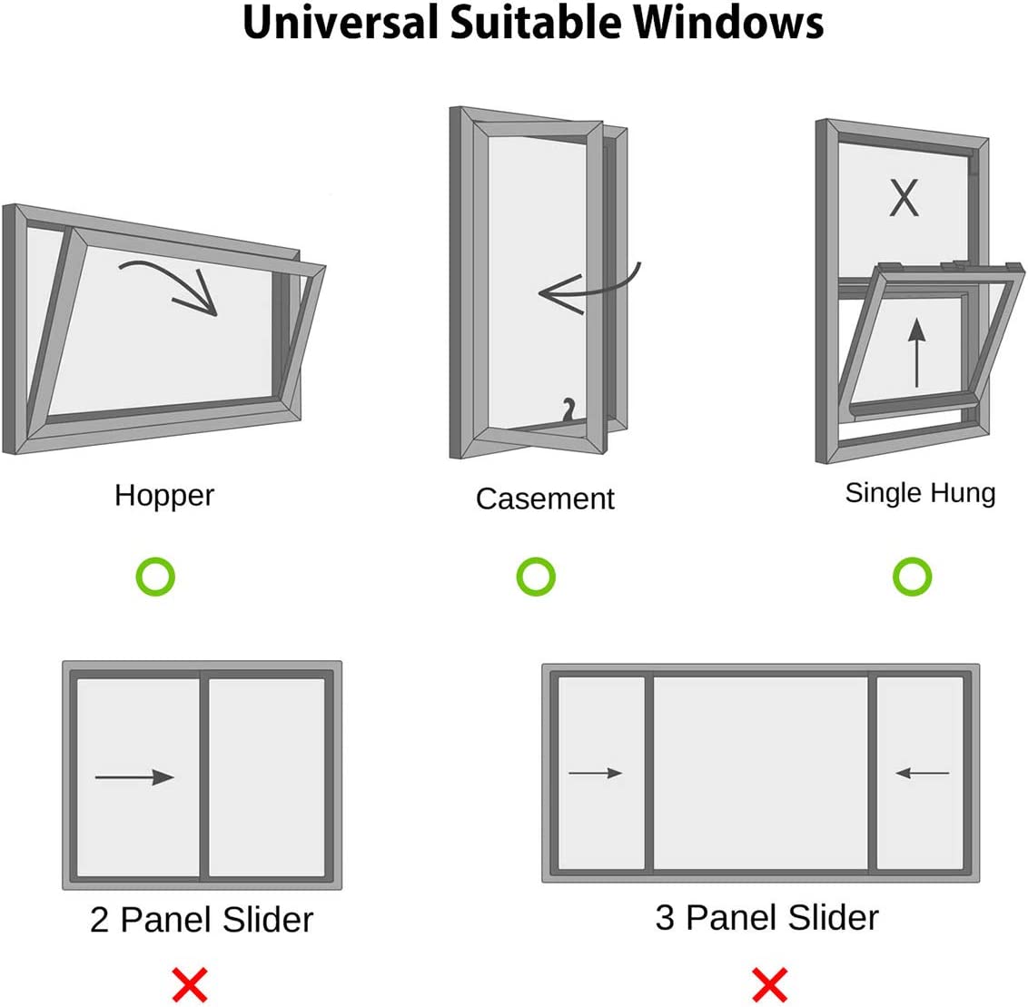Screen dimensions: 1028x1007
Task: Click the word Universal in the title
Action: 341,23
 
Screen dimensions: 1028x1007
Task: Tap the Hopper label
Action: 163,497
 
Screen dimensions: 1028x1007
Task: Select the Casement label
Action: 545,499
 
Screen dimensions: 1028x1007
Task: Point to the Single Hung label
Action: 920,494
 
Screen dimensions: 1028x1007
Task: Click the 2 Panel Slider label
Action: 202,919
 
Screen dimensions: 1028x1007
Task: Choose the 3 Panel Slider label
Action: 766,917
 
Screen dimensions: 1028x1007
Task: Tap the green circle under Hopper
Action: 155,577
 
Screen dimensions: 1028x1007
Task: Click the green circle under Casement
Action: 536,577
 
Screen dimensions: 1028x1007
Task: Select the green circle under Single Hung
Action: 912,577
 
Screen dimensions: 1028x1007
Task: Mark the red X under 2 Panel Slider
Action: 190,985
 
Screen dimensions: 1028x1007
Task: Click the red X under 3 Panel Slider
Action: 770,985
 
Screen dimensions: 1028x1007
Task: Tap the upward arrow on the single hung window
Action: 916,352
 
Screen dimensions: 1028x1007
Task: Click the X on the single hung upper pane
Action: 904,198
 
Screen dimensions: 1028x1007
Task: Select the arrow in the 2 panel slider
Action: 134,777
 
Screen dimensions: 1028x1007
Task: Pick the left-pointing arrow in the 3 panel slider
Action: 923,774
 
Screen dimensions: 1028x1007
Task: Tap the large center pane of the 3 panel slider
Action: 760,773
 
